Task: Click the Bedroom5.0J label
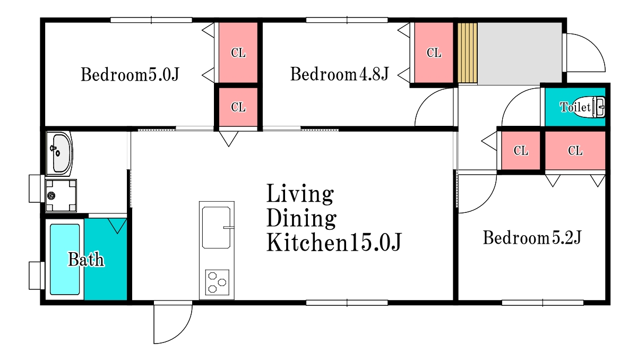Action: [x=130, y=74]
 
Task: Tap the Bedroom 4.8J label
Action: [x=339, y=74]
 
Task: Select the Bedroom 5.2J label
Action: [x=532, y=238]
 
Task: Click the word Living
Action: [x=300, y=194]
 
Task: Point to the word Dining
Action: [x=302, y=218]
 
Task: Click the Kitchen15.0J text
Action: [x=334, y=242]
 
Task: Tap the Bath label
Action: [x=86, y=259]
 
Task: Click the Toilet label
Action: [x=575, y=107]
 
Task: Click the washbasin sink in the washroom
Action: [x=59, y=153]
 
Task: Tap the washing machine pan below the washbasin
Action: [x=61, y=195]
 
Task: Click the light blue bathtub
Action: [x=65, y=259]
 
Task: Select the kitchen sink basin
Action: [x=217, y=227]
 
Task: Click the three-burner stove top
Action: [x=217, y=282]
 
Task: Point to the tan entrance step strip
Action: [x=468, y=53]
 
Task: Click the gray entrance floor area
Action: [x=520, y=54]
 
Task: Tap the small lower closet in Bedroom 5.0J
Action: [x=238, y=107]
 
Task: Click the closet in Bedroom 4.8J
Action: [x=434, y=53]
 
